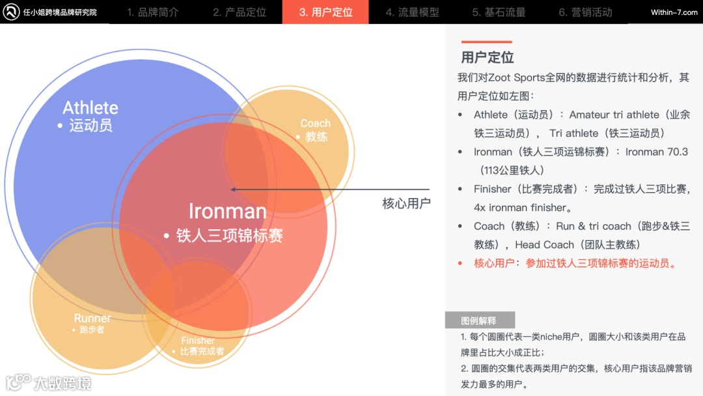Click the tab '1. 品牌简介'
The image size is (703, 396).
(152, 12)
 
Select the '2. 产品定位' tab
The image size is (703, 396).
(239, 12)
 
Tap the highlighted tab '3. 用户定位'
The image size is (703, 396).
(325, 12)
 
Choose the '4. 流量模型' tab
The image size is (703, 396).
(412, 12)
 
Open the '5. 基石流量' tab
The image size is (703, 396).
(499, 12)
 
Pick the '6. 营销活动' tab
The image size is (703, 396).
(585, 12)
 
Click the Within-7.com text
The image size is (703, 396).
(674, 12)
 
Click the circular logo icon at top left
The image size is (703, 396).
(11, 12)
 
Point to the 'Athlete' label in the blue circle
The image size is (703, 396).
(90, 107)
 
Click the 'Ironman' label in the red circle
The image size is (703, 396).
(227, 211)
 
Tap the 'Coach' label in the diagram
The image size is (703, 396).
(315, 123)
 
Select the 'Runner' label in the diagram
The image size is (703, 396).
(92, 318)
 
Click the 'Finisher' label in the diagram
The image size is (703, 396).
(198, 341)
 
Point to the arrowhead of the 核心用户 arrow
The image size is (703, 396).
(233, 190)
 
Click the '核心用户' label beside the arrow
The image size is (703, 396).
(406, 203)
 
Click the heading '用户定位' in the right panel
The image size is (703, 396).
(488, 57)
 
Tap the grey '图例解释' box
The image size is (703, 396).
(479, 320)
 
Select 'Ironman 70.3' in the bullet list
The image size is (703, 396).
(656, 152)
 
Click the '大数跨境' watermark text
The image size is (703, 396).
(62, 382)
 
